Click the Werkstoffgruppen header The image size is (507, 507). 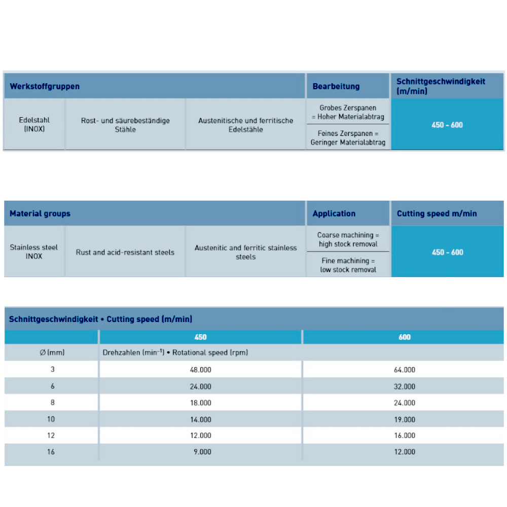click(x=45, y=86)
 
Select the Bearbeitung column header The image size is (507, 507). click(x=336, y=86)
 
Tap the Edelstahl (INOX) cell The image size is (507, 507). click(x=34, y=125)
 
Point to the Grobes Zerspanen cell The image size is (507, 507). click(x=348, y=112)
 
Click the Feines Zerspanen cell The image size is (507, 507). click(x=348, y=137)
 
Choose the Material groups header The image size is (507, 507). click(x=40, y=213)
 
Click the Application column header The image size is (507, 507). click(x=334, y=213)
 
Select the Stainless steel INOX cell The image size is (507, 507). click(x=34, y=252)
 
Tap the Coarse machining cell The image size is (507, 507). click(x=348, y=239)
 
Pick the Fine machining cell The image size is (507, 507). click(x=348, y=265)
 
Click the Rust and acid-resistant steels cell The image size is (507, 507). click(x=125, y=252)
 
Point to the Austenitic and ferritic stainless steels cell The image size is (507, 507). click(x=246, y=252)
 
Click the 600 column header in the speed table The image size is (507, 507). click(x=404, y=337)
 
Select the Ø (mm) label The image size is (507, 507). click(x=52, y=352)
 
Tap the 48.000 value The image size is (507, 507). click(x=200, y=370)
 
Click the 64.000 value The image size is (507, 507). click(x=404, y=370)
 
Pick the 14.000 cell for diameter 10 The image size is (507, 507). click(x=200, y=419)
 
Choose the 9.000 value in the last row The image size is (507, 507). click(x=202, y=452)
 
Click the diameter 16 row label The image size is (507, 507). click(x=52, y=452)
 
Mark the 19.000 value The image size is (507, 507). click(x=404, y=419)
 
